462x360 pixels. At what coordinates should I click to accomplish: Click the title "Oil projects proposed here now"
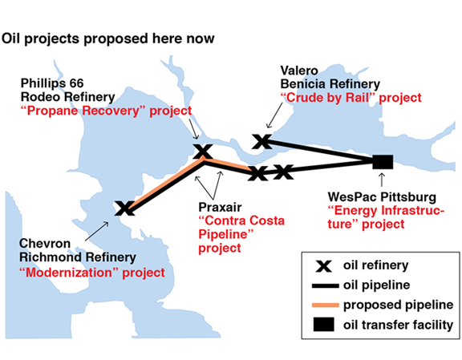(x=107, y=39)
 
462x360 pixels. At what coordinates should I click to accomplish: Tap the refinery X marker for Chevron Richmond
(x=124, y=208)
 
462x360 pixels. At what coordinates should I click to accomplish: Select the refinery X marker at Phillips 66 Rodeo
(x=202, y=152)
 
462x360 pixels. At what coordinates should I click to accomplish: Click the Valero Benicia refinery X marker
(x=262, y=141)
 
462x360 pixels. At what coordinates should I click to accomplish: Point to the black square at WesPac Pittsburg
(x=383, y=162)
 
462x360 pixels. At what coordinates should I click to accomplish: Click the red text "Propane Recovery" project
(x=106, y=111)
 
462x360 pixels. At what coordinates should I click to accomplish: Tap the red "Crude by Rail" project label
(x=351, y=98)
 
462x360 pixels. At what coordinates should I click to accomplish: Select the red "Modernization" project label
(x=92, y=273)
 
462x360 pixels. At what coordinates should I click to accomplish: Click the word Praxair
(x=220, y=207)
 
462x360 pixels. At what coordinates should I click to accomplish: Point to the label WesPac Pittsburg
(x=382, y=197)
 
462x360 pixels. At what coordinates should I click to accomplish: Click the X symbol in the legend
(x=323, y=266)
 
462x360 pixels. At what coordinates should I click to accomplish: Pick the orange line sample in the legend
(x=326, y=305)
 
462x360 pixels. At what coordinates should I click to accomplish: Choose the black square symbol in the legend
(x=323, y=325)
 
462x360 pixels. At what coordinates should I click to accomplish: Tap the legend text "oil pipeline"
(x=376, y=285)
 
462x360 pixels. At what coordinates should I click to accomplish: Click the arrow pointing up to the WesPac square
(x=382, y=180)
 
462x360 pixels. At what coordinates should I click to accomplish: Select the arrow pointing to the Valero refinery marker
(x=274, y=115)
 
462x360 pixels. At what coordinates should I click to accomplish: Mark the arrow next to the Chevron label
(x=96, y=231)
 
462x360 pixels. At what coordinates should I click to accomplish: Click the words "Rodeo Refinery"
(x=67, y=97)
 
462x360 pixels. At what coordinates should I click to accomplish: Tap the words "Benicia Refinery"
(x=330, y=84)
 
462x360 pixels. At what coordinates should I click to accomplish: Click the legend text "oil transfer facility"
(x=398, y=325)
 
